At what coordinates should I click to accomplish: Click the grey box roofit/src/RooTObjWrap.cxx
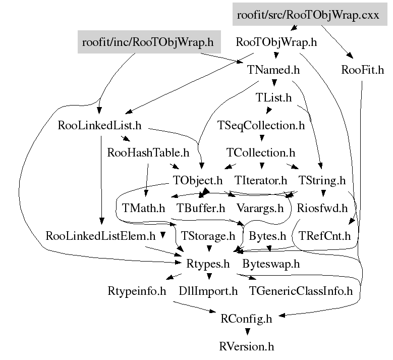[308, 15]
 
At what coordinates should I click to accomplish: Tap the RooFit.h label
[362, 70]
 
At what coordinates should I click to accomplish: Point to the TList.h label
[273, 97]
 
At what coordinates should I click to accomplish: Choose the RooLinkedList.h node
[99, 125]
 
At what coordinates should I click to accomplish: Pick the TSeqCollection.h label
[261, 125]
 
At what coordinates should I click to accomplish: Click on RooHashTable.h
[148, 152]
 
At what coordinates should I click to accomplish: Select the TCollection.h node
[260, 152]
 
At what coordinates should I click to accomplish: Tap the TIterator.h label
[260, 180]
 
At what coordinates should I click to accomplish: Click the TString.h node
[322, 180]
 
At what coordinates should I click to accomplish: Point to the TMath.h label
[144, 208]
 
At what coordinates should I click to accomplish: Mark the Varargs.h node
[260, 208]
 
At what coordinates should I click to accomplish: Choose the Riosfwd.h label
[322, 208]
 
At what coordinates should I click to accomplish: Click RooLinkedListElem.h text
[100, 235]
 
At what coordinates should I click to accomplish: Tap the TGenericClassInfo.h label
[301, 291]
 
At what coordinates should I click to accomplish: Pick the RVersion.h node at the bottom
[247, 346]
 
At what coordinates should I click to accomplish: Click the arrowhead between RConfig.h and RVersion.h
[247, 332]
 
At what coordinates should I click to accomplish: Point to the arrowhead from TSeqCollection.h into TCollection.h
[261, 138]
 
